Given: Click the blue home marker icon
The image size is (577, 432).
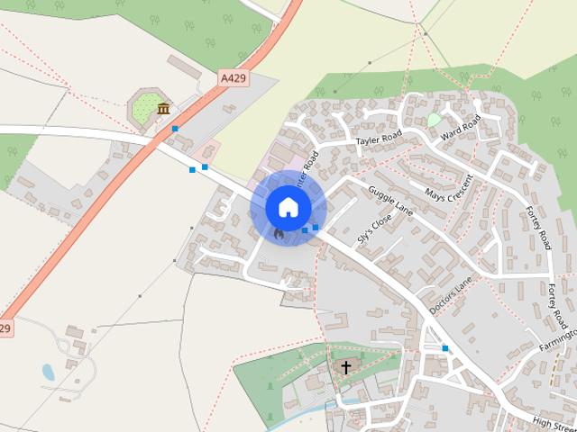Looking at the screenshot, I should pyautogui.click(x=288, y=207).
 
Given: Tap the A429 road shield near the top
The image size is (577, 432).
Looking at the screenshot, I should pyautogui.click(x=233, y=80).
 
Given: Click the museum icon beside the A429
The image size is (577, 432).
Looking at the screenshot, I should pyautogui.click(x=163, y=110).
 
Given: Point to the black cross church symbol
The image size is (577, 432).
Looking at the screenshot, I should pyautogui.click(x=345, y=367).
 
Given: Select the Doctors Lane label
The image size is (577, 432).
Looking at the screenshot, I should pyautogui.click(x=450, y=294).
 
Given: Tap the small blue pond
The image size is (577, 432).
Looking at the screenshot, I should pyautogui.click(x=48, y=371).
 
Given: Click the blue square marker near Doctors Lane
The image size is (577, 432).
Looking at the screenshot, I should pyautogui.click(x=444, y=347).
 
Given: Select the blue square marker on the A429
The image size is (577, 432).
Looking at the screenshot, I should pyautogui.click(x=174, y=129).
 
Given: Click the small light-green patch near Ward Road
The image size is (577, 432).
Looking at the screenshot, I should pyautogui.click(x=435, y=120).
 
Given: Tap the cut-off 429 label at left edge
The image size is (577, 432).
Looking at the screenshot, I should pyautogui.click(x=5, y=328).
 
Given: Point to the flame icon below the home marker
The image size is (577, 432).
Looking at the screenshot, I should pyautogui.click(x=279, y=234).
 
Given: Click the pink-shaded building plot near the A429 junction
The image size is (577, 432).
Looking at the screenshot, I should pyautogui.click(x=206, y=149).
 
